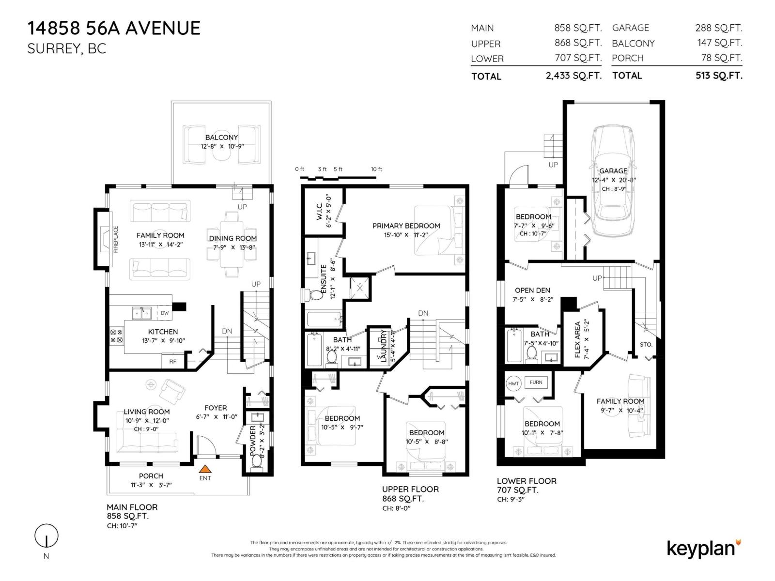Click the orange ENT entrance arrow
click(x=205, y=469)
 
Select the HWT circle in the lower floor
click(x=513, y=383)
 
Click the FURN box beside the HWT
click(x=536, y=382)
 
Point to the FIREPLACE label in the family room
click(x=116, y=239)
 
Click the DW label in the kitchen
click(x=165, y=313)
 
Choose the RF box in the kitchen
click(x=173, y=362)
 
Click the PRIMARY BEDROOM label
click(x=406, y=226)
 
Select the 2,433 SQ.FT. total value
click(x=573, y=76)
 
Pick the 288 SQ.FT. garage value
click(x=718, y=28)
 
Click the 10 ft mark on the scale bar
click(x=376, y=169)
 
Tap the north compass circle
click(x=46, y=536)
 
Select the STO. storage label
click(x=646, y=345)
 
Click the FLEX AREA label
click(x=577, y=339)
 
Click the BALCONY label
click(x=221, y=138)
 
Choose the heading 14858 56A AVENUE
click(x=114, y=28)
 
